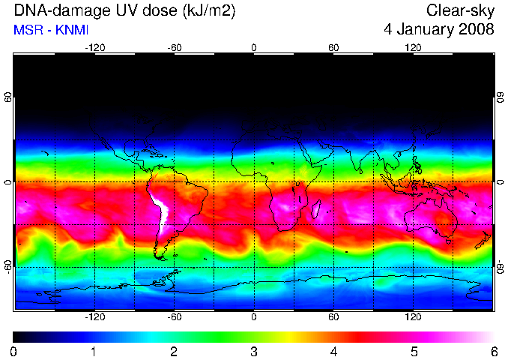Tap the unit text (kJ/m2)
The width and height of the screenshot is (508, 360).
(x=209, y=11)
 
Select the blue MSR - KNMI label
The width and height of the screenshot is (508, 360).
(x=51, y=30)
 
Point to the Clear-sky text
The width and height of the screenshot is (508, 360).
(x=460, y=11)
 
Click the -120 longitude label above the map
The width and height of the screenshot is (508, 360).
(x=95, y=48)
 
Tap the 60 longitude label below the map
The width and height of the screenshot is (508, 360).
(x=333, y=316)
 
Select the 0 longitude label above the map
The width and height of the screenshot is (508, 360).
(x=254, y=48)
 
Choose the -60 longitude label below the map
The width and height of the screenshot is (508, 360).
(x=175, y=316)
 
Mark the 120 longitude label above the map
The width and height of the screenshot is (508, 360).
(x=413, y=48)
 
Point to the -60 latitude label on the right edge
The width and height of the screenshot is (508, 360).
(x=501, y=267)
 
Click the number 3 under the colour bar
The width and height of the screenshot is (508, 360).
(x=254, y=352)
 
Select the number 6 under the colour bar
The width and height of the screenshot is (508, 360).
(x=494, y=352)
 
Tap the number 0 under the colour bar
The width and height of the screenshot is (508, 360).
(x=13, y=352)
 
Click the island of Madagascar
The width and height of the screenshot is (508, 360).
(x=316, y=208)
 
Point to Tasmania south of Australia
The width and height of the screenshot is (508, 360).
(x=448, y=241)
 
